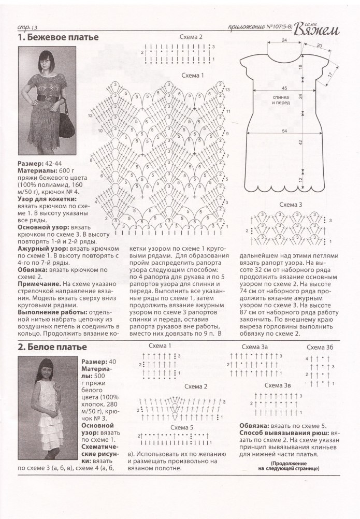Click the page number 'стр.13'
tap(25, 27)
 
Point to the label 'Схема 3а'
tap(257, 347)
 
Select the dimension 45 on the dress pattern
tap(284, 88)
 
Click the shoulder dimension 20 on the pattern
tap(319, 46)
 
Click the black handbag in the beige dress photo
tap(68, 125)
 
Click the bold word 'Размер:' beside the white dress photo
tap(94, 361)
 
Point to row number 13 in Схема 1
tap(227, 91)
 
